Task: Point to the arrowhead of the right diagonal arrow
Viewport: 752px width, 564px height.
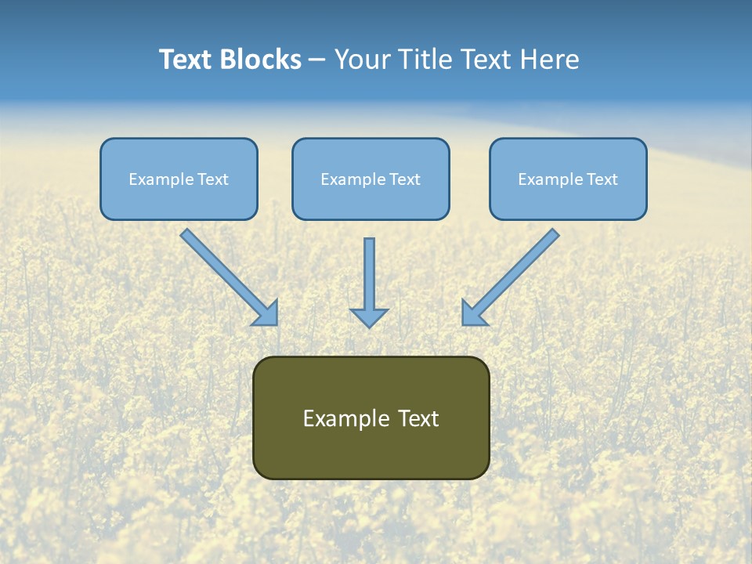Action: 472,314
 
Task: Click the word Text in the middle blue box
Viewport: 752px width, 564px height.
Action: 405,179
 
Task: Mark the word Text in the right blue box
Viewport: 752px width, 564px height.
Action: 602,179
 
